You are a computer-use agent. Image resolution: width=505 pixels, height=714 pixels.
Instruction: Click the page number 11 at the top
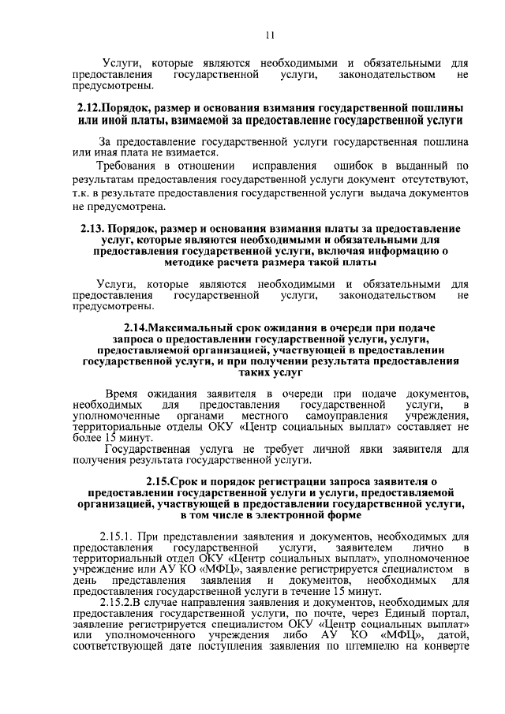pyautogui.click(x=269, y=36)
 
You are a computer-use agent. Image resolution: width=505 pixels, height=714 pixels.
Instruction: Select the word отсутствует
pyautogui.click(x=436, y=180)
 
